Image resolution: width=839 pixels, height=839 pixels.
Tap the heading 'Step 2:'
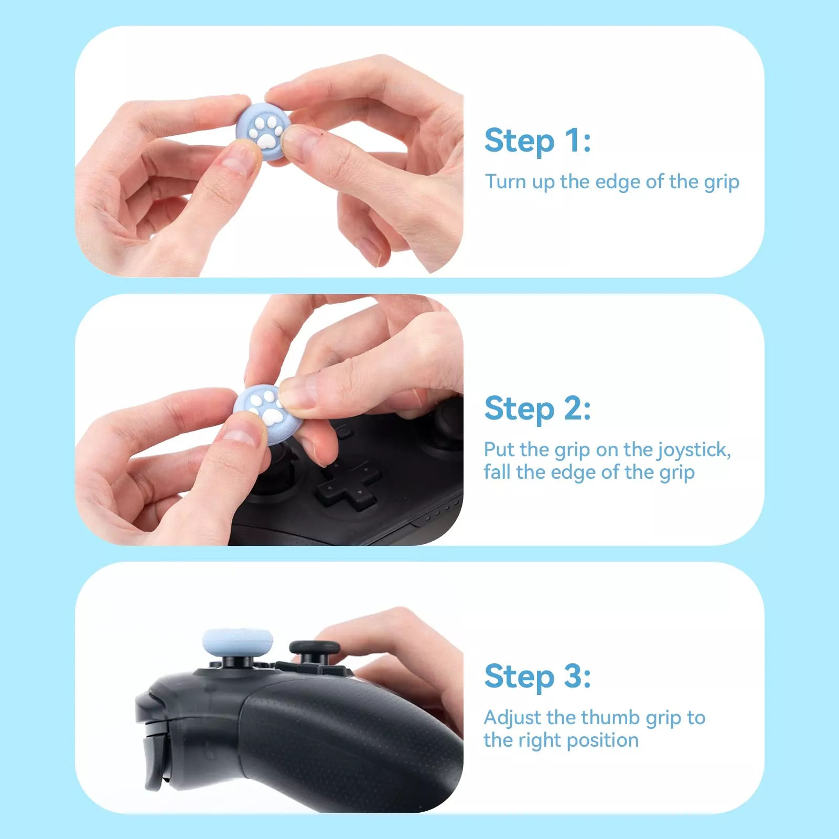point(537,408)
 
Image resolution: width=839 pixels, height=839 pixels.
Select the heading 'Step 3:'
point(537,676)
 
